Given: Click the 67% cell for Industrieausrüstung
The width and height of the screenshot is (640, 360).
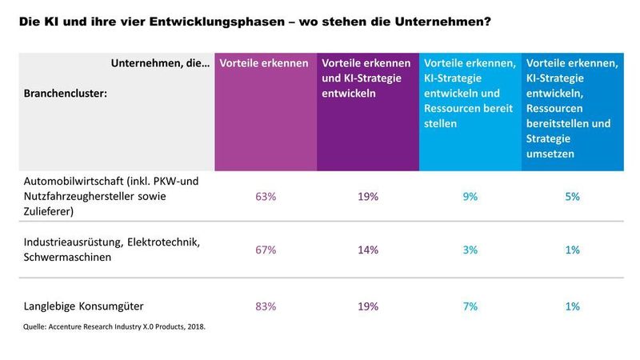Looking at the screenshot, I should coord(265,250).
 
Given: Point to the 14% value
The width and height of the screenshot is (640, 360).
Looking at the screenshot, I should coord(368,250).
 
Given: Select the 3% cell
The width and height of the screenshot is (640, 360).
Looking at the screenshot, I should coord(470,250).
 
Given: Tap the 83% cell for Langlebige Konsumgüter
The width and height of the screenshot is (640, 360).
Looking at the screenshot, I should coord(265,306).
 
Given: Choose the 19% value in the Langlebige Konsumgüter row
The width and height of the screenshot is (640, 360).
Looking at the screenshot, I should coord(368,306).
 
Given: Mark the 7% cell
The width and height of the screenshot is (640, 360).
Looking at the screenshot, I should coord(470,306).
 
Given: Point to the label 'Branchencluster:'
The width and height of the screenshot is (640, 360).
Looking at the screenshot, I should coord(65,94).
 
